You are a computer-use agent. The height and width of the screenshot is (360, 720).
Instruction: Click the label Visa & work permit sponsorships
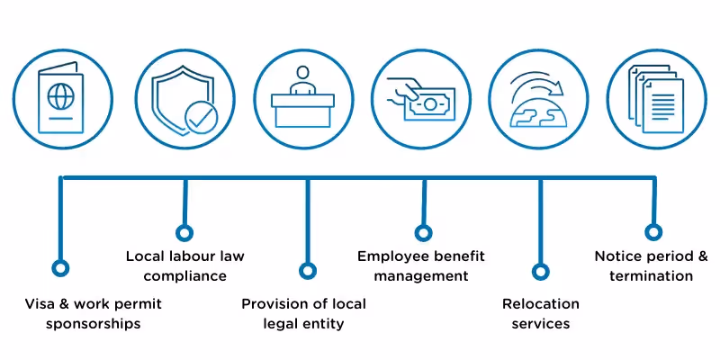(x=94, y=314)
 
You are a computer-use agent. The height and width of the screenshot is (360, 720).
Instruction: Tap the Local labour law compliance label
(x=184, y=265)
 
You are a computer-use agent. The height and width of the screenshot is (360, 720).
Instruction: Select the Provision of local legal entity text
(x=303, y=314)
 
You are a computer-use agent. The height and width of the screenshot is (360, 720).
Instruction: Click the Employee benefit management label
(x=421, y=265)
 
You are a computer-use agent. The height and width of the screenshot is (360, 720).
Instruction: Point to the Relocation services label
(x=541, y=314)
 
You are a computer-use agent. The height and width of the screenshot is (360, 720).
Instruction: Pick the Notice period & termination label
(x=657, y=265)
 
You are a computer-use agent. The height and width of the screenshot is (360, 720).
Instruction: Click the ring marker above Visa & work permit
(x=60, y=267)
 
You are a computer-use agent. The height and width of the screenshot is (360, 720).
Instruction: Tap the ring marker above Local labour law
(x=184, y=233)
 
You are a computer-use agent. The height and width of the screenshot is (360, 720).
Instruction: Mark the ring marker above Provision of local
(x=308, y=270)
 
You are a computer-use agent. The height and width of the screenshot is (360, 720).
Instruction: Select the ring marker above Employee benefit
(x=423, y=233)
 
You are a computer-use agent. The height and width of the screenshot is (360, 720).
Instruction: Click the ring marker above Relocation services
(x=541, y=270)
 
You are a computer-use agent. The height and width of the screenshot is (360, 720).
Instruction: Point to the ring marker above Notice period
(x=654, y=232)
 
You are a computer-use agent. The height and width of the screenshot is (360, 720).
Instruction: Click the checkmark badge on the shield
(x=199, y=117)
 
